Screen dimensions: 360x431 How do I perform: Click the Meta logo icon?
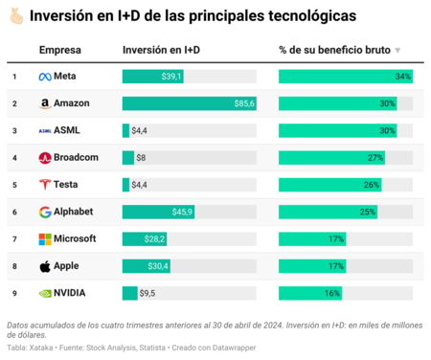click(x=45, y=77)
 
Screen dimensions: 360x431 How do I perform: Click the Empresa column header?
click(x=59, y=50)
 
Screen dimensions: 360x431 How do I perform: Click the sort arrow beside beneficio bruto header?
click(x=397, y=51)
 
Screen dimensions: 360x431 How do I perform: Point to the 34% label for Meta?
click(x=402, y=77)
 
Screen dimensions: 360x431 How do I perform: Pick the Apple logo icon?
click(x=45, y=265)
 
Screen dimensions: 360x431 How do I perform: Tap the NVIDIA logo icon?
click(x=45, y=293)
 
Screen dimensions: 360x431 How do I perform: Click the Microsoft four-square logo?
click(x=45, y=238)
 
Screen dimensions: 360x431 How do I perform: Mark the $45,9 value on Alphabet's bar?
click(x=181, y=212)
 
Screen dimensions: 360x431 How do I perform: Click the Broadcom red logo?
click(x=45, y=157)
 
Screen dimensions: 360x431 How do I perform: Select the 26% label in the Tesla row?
click(x=371, y=185)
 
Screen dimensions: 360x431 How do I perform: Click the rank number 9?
click(x=14, y=293)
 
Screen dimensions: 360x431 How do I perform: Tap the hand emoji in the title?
click(x=14, y=17)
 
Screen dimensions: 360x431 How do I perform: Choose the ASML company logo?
click(x=45, y=130)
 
